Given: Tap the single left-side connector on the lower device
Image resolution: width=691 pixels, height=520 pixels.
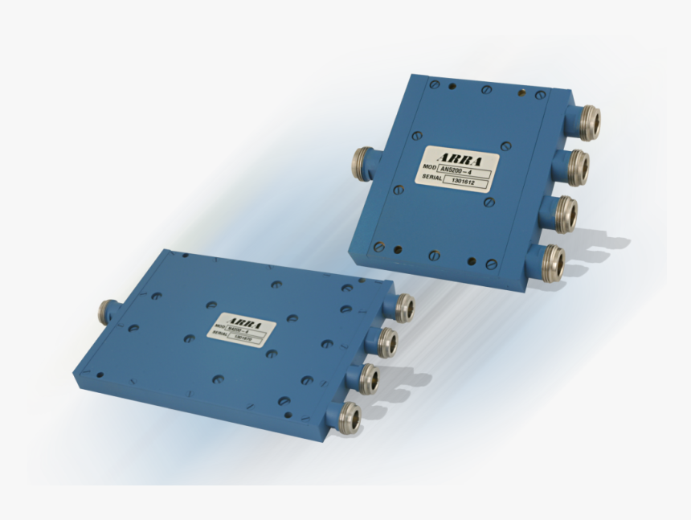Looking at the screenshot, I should click(106, 309).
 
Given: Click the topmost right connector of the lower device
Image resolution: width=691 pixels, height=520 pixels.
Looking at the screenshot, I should click(402, 307).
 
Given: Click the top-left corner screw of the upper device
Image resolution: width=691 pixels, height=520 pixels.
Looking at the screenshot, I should click(435, 84).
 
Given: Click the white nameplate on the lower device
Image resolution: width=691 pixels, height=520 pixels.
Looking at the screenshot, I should click(242, 330).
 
